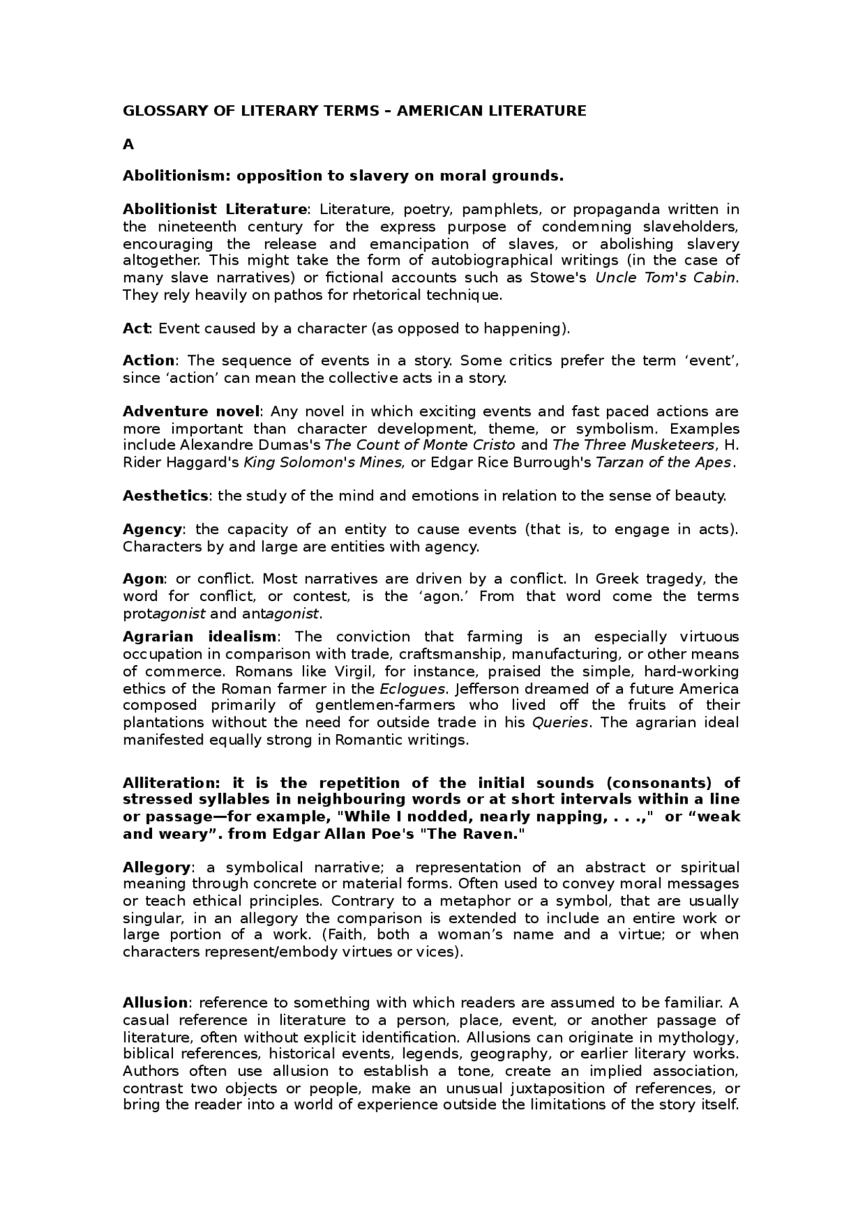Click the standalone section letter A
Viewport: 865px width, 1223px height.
128,145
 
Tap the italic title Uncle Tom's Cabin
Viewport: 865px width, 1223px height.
665,278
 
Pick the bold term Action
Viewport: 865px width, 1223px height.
149,361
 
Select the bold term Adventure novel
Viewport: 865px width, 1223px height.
191,411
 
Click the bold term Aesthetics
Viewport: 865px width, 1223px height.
166,496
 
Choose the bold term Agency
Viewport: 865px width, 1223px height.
152,529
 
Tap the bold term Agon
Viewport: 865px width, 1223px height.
143,579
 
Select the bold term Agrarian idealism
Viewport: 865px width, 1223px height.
199,637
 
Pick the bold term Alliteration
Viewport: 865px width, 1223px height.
171,783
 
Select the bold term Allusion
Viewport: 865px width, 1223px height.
155,1003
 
